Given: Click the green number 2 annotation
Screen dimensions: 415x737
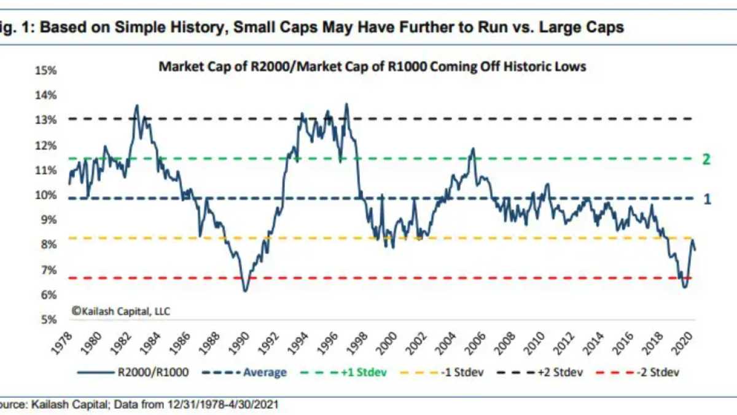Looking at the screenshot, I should (x=706, y=160).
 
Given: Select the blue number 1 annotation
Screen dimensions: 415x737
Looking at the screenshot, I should (x=707, y=199).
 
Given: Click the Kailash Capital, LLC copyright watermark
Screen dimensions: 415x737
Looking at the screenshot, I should (x=120, y=311).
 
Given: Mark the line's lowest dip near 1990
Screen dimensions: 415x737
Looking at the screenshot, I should (x=246, y=290).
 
